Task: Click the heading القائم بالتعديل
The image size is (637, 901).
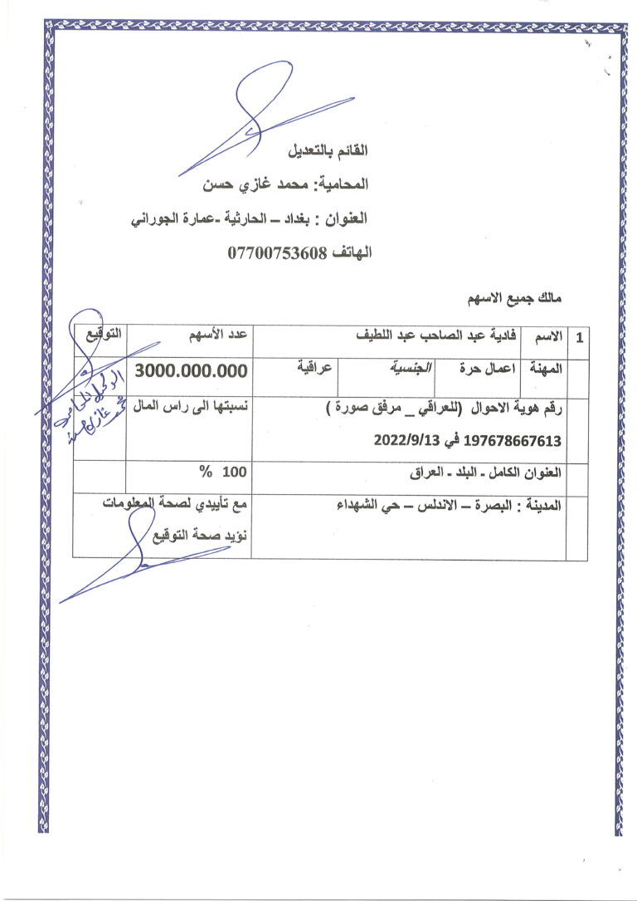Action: (x=328, y=152)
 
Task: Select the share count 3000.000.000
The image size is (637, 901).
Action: (x=191, y=371)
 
